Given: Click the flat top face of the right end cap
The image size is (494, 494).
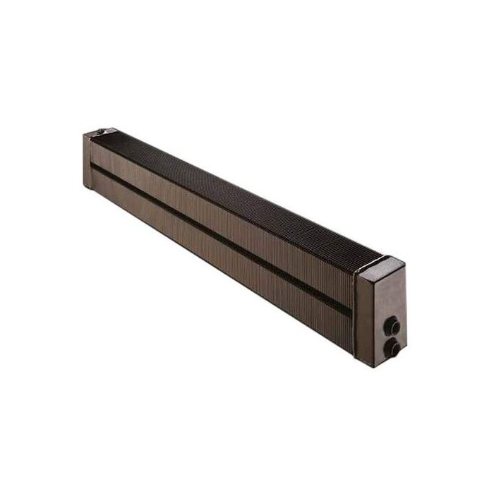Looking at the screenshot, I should [x=381, y=262].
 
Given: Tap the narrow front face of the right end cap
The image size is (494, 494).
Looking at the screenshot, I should [x=359, y=311].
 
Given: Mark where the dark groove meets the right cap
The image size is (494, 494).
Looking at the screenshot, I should [x=351, y=311].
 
